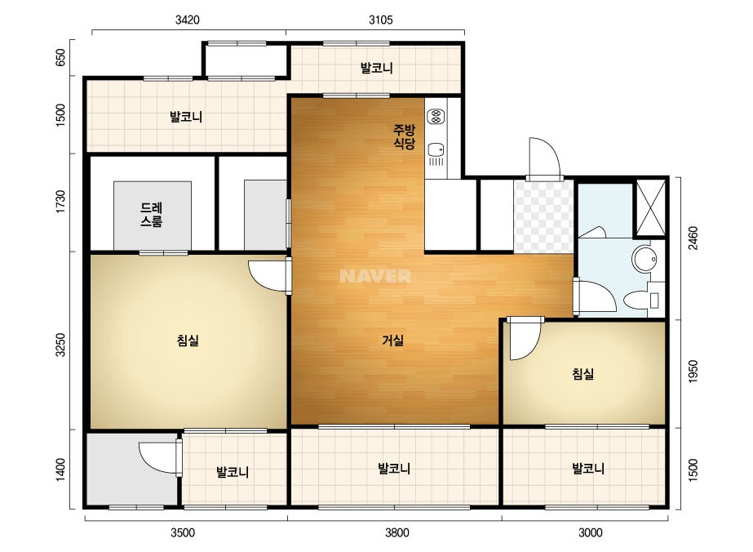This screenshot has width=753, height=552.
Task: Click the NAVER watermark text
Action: coord(375,276)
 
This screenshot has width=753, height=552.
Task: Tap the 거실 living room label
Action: coord(393,341)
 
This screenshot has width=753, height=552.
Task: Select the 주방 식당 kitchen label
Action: coord(405,136)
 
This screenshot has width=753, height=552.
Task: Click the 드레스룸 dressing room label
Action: coord(152,215)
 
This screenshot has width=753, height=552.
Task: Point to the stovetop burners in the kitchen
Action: coord(436,116)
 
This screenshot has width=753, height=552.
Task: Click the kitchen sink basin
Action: coord(436,149)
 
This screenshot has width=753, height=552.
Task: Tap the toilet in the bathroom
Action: coord(636,300)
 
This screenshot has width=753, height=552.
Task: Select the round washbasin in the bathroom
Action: coord(644,259)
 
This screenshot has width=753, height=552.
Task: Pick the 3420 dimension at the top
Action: coord(188,20)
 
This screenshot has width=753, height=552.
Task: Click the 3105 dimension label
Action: coord(381,20)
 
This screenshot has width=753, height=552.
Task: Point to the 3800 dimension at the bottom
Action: coord(397,532)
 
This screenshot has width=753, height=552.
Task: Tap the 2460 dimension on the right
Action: coord(693,238)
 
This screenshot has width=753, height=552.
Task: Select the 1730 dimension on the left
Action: coord(60,202)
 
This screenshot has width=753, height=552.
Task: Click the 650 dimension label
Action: coord(60,58)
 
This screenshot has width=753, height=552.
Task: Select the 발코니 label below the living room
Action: coord(394,469)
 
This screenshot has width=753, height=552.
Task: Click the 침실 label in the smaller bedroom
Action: coord(583,374)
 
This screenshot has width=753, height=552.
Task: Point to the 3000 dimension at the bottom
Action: coord(590,532)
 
